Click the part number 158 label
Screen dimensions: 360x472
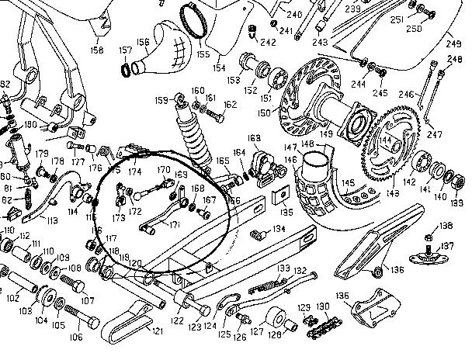(96, 50)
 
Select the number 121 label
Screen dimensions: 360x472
(158, 331)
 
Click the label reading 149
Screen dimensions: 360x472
(327, 133)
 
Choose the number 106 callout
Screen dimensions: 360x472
(76, 337)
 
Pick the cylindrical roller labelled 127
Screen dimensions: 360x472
(276, 319)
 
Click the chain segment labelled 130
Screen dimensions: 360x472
(318, 331)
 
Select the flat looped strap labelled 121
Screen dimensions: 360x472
(128, 326)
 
